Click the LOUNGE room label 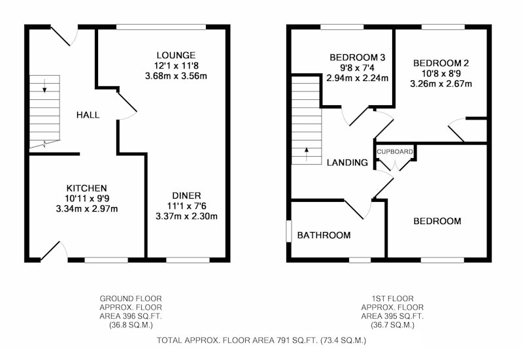[x=176, y=55]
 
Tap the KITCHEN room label [x=87, y=188]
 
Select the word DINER [x=186, y=195]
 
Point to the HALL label [x=88, y=115]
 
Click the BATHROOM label [x=324, y=235]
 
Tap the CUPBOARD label [x=395, y=152]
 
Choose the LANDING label [x=347, y=163]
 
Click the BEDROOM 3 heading [x=357, y=57]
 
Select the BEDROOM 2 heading [x=441, y=63]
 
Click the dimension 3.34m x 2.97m [x=87, y=209]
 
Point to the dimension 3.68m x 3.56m [x=176, y=76]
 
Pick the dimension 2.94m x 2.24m [x=357, y=78]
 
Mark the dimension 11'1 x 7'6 [x=186, y=206]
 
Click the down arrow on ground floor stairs [x=44, y=86]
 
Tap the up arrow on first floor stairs [x=307, y=154]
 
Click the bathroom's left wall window [x=289, y=231]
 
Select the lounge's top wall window [x=161, y=27]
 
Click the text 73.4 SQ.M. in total [x=343, y=340]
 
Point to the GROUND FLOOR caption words [x=131, y=299]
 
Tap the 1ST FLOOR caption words [x=393, y=299]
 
